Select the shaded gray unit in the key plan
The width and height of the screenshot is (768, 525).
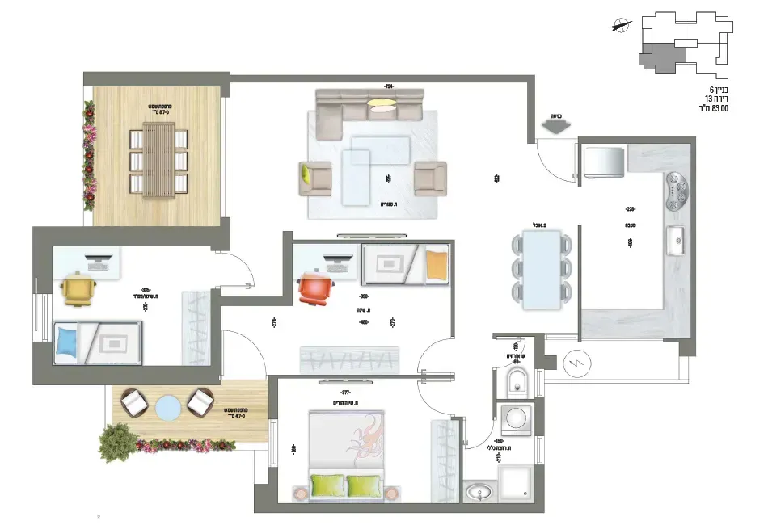click(662, 55)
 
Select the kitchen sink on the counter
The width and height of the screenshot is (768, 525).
click(677, 240)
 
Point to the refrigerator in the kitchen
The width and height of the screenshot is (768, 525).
click(602, 162)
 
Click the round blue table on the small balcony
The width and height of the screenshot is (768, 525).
click(167, 405)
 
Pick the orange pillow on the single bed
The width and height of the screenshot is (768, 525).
click(437, 265)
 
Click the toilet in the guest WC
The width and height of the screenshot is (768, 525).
click(514, 381)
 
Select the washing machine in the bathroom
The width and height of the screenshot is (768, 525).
click(514, 418)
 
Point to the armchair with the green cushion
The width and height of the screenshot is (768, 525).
click(314, 178)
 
